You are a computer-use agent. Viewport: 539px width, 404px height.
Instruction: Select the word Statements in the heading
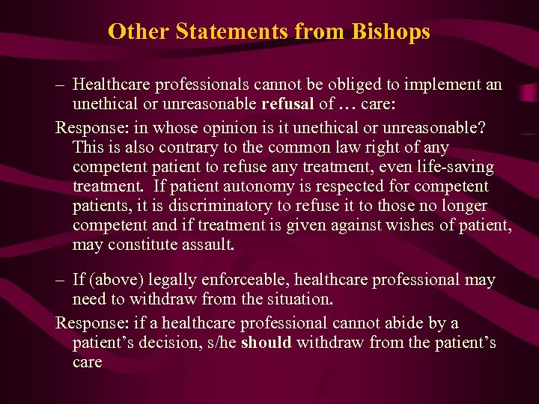[221, 31]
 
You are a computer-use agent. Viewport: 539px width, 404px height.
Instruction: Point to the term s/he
[219, 343]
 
